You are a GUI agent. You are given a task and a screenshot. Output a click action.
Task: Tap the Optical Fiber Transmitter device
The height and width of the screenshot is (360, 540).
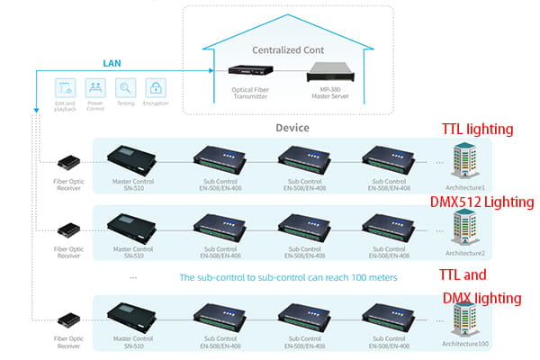pyautogui.click(x=247, y=71)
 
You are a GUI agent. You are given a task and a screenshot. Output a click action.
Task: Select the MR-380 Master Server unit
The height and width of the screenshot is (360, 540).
pyautogui.click(x=330, y=69)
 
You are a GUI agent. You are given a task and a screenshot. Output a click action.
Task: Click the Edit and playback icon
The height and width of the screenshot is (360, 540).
pyautogui.click(x=65, y=88)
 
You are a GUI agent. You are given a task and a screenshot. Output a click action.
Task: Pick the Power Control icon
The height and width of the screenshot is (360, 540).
pyautogui.click(x=94, y=88)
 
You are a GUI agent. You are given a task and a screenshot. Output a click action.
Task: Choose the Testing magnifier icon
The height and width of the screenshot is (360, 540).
pyautogui.click(x=125, y=88)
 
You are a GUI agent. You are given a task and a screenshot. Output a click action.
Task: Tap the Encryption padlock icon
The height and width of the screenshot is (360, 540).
pyautogui.click(x=156, y=88)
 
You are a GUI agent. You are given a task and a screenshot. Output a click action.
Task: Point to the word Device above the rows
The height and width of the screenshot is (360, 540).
pyautogui.click(x=292, y=128)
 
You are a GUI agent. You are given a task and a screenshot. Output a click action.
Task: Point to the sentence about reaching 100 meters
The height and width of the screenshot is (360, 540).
pyautogui.click(x=288, y=277)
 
